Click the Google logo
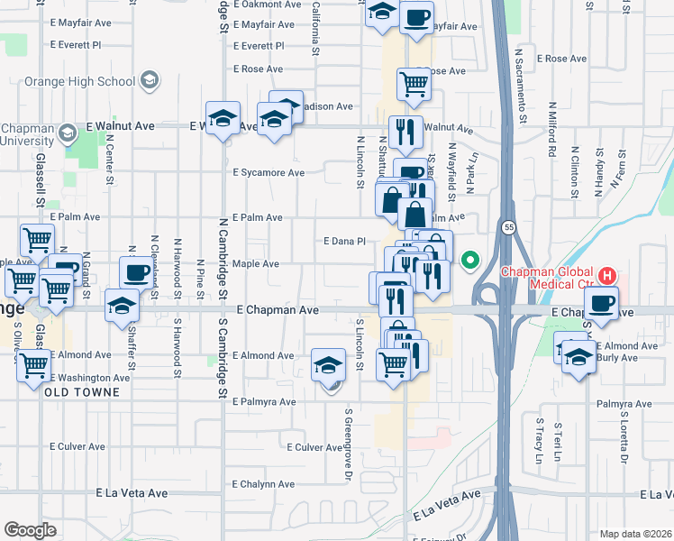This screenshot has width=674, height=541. pyautogui.click(x=30, y=529)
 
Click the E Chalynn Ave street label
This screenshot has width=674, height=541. pyautogui.click(x=263, y=484)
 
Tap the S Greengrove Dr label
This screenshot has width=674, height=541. pyautogui.click(x=348, y=445)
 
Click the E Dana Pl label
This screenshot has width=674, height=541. pyautogui.click(x=344, y=241)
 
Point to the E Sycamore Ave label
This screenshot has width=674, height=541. pyautogui.click(x=269, y=172)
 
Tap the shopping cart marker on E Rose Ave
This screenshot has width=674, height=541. pyautogui.click(x=414, y=83)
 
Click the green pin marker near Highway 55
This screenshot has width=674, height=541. pyautogui.click(x=469, y=261)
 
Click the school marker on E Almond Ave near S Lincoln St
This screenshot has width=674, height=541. pyautogui.click(x=329, y=364)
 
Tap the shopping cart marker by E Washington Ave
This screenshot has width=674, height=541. pyautogui.click(x=33, y=364)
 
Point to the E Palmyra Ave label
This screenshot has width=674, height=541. pyautogui.click(x=264, y=401)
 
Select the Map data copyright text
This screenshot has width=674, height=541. pyautogui.click(x=635, y=534)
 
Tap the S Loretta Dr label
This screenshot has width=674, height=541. pyautogui.click(x=624, y=442)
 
